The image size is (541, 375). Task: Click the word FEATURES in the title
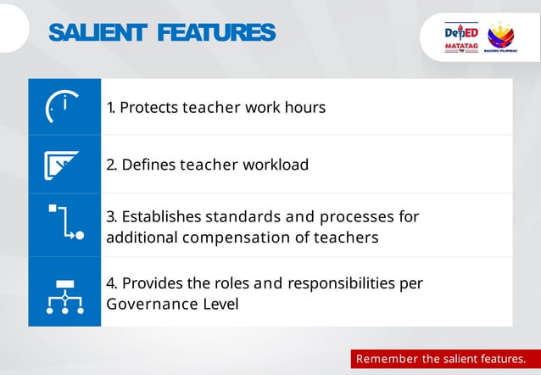point(216,33)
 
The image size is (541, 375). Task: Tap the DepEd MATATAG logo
point(461,39)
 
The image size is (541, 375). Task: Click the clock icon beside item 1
point(64,107)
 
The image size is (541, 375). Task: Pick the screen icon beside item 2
point(64,164)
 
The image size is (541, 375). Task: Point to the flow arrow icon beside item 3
point(64,223)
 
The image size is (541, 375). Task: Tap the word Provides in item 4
point(149,283)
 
